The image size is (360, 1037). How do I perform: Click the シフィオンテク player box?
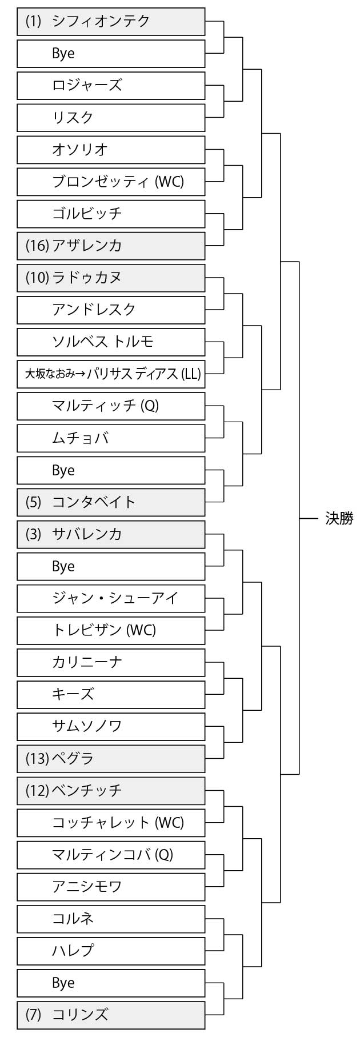click(111, 22)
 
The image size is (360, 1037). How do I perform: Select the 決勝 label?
click(339, 518)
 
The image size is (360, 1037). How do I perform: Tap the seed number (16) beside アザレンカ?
click(37, 246)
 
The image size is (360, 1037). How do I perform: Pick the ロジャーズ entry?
click(111, 86)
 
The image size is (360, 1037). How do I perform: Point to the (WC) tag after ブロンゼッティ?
click(169, 182)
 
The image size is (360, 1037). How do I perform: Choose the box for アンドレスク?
click(111, 310)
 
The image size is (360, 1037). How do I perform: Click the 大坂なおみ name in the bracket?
click(50, 374)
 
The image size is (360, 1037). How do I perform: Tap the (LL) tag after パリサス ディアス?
click(191, 374)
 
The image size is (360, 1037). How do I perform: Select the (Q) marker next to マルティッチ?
click(149, 406)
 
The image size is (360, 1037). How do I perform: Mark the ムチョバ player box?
click(111, 438)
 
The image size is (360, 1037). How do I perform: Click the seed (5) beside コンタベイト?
click(34, 502)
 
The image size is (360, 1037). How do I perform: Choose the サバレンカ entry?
click(111, 534)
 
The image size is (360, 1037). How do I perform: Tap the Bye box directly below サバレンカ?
click(111, 566)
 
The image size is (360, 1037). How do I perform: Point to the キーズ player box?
click(111, 694)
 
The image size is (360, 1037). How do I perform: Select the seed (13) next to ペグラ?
click(37, 759)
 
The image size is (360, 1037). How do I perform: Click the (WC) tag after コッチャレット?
click(169, 823)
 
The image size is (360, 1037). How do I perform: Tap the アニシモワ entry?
click(111, 887)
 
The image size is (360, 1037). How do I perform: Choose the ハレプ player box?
click(111, 951)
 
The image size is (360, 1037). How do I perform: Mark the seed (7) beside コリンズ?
click(34, 1015)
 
